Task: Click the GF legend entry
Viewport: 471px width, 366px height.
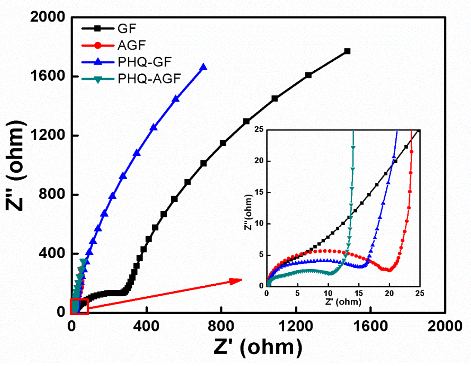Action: pyautogui.click(x=127, y=29)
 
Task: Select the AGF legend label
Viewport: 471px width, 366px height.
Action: pyautogui.click(x=131, y=45)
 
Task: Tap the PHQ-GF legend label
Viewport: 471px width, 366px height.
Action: pyautogui.click(x=145, y=62)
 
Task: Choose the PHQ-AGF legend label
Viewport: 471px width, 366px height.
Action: pyautogui.click(x=149, y=79)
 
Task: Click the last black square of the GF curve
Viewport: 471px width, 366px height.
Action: pyautogui.click(x=347, y=51)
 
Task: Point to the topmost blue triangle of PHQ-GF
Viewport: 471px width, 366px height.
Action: pyautogui.click(x=203, y=67)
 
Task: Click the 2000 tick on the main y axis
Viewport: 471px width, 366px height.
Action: pyautogui.click(x=47, y=17)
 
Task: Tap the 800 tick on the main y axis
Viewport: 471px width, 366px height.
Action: pyautogui.click(x=52, y=194)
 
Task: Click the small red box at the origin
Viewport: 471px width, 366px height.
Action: pyautogui.click(x=79, y=307)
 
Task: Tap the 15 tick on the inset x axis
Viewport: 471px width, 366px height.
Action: pyautogui.click(x=359, y=293)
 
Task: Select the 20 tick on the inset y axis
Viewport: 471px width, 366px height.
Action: pyautogui.click(x=259, y=161)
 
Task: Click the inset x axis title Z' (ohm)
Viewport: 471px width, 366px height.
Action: pyautogui.click(x=343, y=302)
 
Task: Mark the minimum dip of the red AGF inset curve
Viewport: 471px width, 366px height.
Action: pyautogui.click(x=389, y=270)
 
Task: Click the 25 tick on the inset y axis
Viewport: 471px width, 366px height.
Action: pyautogui.click(x=259, y=129)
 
